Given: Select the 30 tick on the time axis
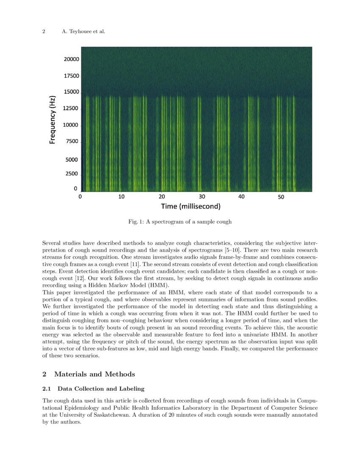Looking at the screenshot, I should point(202,197).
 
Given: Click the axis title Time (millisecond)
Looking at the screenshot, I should point(191,206).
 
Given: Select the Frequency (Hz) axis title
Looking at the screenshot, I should point(53,120).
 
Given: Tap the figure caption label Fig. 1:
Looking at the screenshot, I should point(136,222).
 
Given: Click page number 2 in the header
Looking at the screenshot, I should point(44,31).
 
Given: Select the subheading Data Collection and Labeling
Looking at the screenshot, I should point(101,388).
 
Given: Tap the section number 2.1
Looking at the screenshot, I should point(47,388).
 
